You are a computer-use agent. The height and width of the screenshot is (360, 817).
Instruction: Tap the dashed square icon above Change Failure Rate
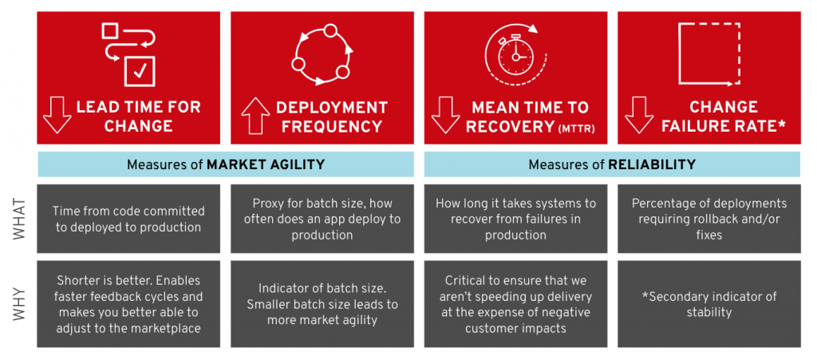(709, 53)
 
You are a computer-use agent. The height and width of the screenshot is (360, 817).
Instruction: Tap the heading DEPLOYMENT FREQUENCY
(331, 117)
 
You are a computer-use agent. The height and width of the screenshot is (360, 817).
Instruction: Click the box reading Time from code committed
(128, 219)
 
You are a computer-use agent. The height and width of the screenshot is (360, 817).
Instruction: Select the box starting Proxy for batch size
(322, 219)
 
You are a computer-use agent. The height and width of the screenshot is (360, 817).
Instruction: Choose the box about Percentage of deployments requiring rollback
(709, 219)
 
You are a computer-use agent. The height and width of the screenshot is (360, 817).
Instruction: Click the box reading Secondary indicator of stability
(709, 304)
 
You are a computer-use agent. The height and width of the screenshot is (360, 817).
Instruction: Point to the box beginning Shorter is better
(128, 304)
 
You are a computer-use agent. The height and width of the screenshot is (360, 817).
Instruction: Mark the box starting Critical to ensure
(515, 304)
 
